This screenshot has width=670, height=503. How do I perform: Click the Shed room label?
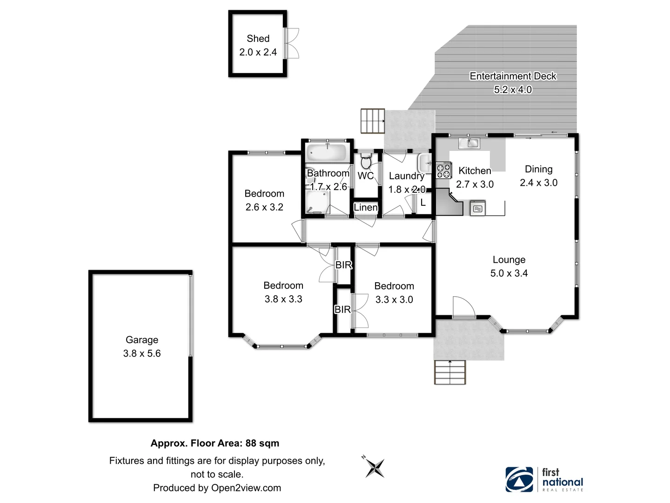pyautogui.click(x=258, y=39)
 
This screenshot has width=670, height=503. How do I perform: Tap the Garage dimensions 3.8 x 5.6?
pyautogui.click(x=142, y=353)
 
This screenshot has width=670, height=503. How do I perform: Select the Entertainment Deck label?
pyautogui.click(x=513, y=76)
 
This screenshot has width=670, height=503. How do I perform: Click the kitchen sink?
pyautogui.click(x=473, y=143)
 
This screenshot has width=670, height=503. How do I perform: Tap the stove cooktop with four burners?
pyautogui.click(x=443, y=170)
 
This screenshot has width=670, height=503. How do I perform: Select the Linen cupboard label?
pyautogui.click(x=366, y=207)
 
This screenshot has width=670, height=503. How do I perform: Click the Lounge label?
pyautogui.click(x=509, y=260)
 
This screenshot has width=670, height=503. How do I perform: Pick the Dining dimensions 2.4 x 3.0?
pyautogui.click(x=539, y=183)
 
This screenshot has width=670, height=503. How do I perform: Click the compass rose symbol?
pyautogui.click(x=375, y=468)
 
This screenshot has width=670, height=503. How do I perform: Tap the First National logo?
pyautogui.click(x=544, y=479)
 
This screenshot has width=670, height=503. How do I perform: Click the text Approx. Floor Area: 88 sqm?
pyautogui.click(x=215, y=443)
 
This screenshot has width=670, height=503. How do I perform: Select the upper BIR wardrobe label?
pyautogui.click(x=343, y=265)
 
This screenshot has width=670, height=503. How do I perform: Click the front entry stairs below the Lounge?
pyautogui.click(x=450, y=372)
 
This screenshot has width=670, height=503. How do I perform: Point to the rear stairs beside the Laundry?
pyautogui.click(x=373, y=121)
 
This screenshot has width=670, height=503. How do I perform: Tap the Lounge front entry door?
pyautogui.click(x=463, y=307)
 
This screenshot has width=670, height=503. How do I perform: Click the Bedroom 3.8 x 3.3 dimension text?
pyautogui.click(x=283, y=299)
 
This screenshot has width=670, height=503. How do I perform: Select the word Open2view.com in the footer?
pyautogui.click(x=246, y=488)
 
